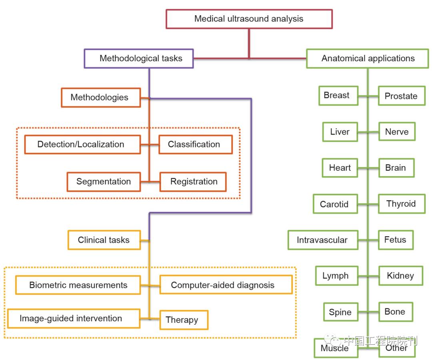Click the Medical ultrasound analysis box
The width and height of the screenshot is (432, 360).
coord(249,19)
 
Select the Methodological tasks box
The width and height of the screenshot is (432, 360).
coord(139,58)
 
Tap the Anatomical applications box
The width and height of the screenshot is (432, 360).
coord(368,58)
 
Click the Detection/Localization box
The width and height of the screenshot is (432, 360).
coord(82,145)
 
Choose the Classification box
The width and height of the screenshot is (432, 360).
coord(195,145)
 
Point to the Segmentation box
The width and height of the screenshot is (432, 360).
coord(104,181)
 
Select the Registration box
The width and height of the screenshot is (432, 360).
coord(193,182)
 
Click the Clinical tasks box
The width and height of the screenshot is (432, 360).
coord(104,240)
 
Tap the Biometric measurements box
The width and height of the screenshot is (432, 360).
coord(78,285)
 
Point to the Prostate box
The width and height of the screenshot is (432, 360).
coord(401,96)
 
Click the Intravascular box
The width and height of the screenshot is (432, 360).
coord(322,240)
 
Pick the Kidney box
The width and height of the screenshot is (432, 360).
coord(400,276)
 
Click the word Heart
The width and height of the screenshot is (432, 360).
coord(340,168)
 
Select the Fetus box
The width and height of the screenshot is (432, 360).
coord(396,240)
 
